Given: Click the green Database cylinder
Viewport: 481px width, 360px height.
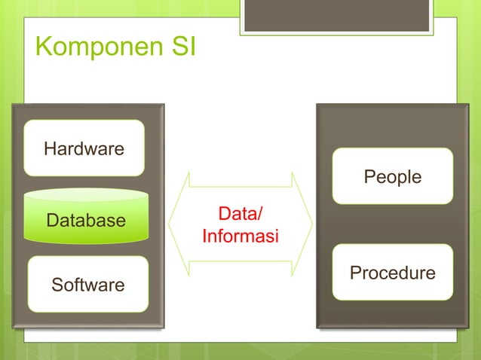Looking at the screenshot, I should pyautogui.click(x=85, y=221).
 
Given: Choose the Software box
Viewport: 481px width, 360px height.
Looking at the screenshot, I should pyautogui.click(x=87, y=285).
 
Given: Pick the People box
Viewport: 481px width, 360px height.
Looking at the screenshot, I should pyautogui.click(x=392, y=176).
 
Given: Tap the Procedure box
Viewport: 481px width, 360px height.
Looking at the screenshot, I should pyautogui.click(x=392, y=273).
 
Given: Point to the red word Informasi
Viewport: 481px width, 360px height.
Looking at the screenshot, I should pyautogui.click(x=240, y=237).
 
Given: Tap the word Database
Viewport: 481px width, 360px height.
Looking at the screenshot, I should pyautogui.click(x=85, y=221).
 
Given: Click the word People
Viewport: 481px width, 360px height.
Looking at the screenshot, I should pyautogui.click(x=392, y=177).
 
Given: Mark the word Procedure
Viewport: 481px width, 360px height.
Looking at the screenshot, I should pyautogui.click(x=392, y=273).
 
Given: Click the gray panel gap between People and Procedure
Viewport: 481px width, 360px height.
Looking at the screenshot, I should pyautogui.click(x=392, y=224).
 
